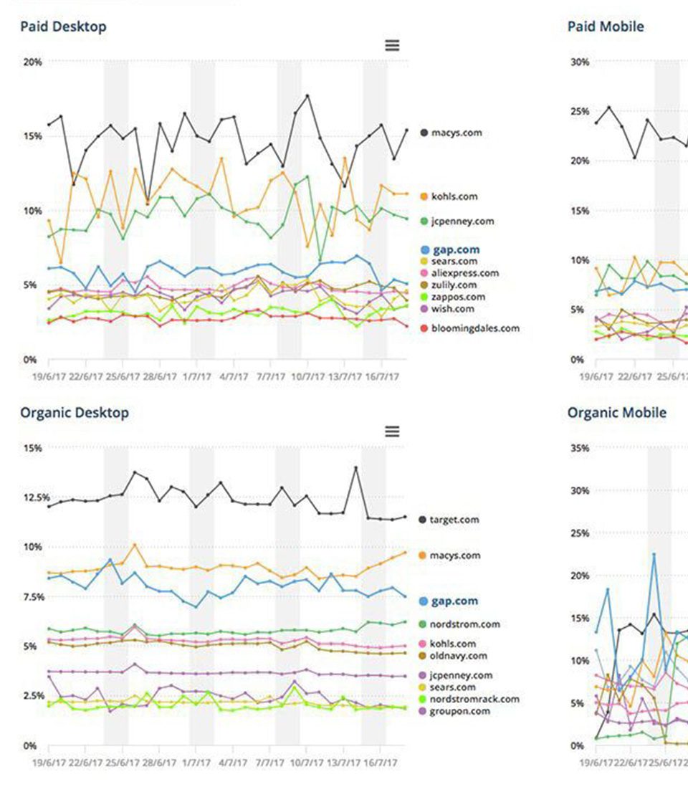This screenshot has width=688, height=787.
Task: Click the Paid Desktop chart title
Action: [63, 27]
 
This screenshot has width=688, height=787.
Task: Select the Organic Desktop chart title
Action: [75, 413]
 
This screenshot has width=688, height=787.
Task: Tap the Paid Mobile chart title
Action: [606, 27]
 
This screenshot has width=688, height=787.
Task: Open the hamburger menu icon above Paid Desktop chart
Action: [392, 45]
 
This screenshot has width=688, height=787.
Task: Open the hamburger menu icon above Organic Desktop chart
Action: [392, 431]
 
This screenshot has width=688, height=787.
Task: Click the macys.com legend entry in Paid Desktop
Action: [456, 133]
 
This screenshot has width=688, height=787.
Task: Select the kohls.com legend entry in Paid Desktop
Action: [454, 196]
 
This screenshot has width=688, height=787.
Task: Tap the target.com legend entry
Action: [454, 520]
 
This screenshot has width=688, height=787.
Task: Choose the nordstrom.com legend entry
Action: [464, 624]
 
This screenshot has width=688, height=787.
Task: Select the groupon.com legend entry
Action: [460, 711]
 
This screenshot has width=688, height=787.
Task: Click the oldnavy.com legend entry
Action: [458, 656]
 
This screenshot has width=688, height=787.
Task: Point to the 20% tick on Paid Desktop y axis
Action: [32, 62]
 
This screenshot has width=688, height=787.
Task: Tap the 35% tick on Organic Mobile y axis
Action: [579, 449]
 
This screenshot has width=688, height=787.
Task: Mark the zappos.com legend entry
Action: [457, 297]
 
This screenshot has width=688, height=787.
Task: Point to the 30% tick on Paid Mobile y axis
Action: [579, 62]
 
